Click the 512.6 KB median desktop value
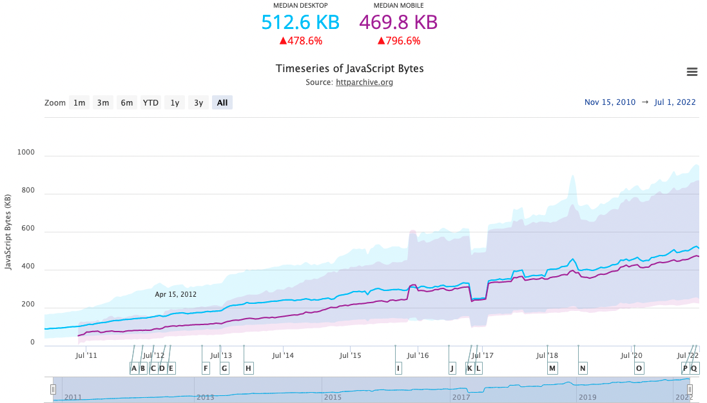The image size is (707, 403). tap(300, 23)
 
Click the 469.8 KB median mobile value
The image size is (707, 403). tap(398, 23)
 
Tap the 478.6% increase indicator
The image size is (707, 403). tap(300, 41)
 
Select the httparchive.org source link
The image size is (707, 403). tap(364, 82)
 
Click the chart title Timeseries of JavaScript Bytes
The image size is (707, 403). tap(349, 69)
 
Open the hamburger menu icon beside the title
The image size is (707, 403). tap(692, 72)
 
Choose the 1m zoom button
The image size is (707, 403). tap(79, 102)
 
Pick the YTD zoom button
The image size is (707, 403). tap(151, 102)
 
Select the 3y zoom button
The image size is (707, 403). tap(199, 102)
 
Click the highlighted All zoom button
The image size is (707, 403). tap(222, 102)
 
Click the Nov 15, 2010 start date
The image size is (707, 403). tap(610, 102)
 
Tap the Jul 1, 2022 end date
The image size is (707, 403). tap(675, 102)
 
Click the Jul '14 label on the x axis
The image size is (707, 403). tap(283, 355)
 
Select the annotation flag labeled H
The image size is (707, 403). tap(248, 368)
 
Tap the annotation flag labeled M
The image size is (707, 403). tap(552, 368)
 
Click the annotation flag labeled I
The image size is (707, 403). tap(398, 368)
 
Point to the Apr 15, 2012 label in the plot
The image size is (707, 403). tap(175, 294)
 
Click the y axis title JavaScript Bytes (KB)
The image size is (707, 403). tap(8, 232)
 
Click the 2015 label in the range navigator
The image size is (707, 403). tap(333, 397)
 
